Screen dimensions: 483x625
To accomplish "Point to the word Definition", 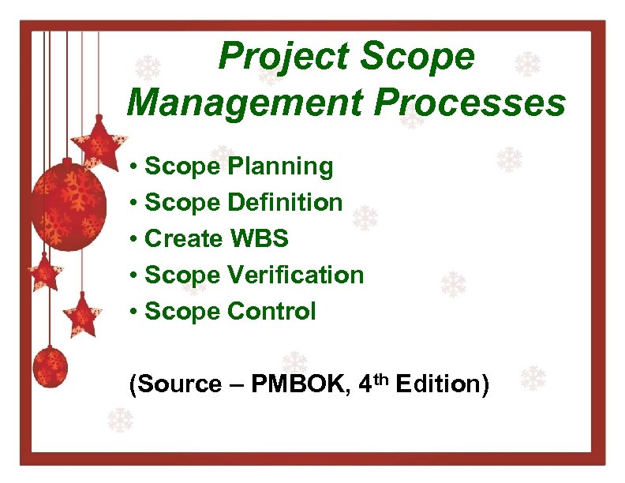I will (285, 203).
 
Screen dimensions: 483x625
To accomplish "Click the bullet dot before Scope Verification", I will (136, 275).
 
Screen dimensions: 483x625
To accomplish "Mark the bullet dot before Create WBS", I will (136, 239).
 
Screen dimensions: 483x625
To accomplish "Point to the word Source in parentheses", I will (178, 384).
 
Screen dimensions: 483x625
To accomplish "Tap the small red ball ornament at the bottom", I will (51, 367).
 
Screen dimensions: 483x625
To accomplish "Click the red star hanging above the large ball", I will (99, 143).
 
